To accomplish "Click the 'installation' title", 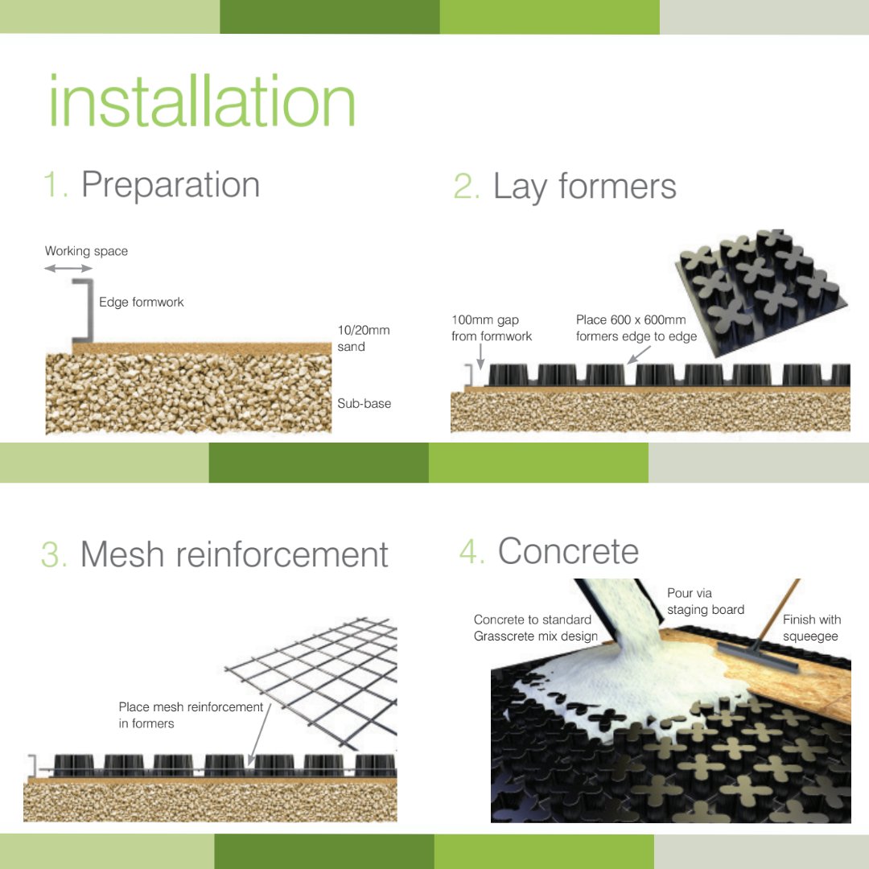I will point(201,101).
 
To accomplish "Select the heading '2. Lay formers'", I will point(565,187).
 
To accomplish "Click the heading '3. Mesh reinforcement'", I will point(215,555).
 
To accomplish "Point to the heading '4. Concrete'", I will point(550,552).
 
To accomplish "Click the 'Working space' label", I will point(86,251).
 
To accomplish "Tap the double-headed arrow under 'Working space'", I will point(68,268).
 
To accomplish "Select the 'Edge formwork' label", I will point(141,303).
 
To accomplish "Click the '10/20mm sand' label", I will point(352,339).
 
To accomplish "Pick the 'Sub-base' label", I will point(364,403).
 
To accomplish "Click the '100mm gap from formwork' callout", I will point(492,328).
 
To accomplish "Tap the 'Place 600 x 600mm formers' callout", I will point(636,328).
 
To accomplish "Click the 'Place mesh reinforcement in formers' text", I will point(191,715).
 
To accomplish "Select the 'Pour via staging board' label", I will point(705,602).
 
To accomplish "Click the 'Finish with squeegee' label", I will point(811,628).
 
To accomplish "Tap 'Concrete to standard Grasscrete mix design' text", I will point(536,628).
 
